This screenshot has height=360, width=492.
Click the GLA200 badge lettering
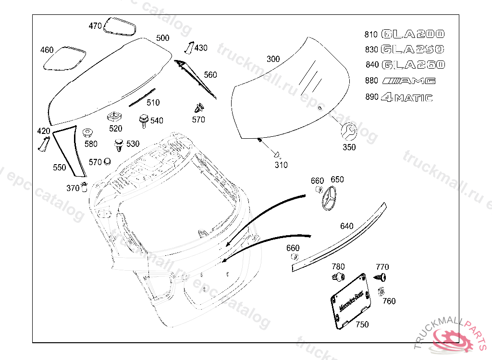[x=413, y=34]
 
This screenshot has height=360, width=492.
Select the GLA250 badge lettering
[x=413, y=49]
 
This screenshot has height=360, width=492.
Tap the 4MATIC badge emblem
[x=406, y=97]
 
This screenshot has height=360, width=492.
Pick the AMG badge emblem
[x=409, y=81]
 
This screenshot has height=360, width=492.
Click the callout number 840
[x=372, y=65]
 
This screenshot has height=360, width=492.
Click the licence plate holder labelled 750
[x=351, y=300]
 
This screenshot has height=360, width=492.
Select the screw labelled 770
[x=382, y=277]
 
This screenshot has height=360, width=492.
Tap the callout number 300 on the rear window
[x=273, y=60]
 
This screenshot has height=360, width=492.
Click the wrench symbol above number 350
[x=348, y=131]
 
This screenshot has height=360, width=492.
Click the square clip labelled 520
[x=114, y=117]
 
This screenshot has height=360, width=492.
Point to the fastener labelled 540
[x=143, y=120]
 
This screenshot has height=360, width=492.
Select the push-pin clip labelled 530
[x=118, y=144]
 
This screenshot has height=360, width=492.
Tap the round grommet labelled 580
[x=87, y=133]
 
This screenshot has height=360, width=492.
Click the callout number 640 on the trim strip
[x=346, y=226]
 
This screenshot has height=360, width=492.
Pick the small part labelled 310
[x=277, y=155]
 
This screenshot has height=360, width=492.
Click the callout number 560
[x=210, y=75]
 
